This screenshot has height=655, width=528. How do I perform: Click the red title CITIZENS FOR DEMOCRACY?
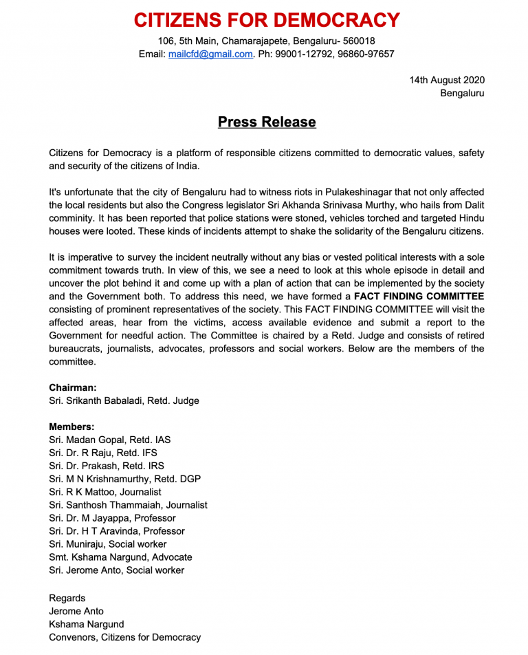(267, 20)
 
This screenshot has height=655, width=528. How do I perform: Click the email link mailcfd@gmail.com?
(210, 54)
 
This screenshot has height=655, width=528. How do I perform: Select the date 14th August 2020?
(447, 80)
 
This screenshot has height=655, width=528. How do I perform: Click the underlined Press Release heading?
(267, 122)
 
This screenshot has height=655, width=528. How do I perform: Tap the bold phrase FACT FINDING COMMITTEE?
(419, 297)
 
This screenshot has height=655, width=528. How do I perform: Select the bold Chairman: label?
(73, 388)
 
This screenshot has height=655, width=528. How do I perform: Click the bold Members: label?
(71, 427)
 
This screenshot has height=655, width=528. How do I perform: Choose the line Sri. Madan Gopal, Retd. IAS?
(110, 440)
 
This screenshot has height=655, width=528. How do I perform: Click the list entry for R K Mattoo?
(105, 493)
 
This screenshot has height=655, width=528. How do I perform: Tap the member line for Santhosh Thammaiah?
(128, 506)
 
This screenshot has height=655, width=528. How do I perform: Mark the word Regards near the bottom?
(67, 598)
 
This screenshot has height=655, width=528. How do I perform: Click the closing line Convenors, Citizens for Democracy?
(125, 638)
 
